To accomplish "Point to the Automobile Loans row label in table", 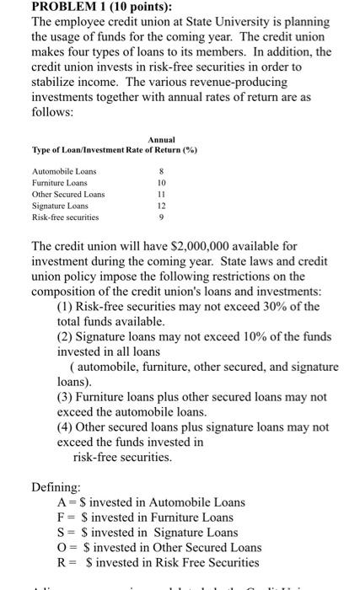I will point(63,171).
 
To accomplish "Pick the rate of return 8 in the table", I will point(161,171).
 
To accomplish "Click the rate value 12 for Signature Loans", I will point(161,206).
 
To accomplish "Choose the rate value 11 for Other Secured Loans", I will point(161,194).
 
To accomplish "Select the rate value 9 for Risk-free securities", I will point(161,217).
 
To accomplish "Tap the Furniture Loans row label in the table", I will point(59,182).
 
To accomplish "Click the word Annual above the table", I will point(161,140).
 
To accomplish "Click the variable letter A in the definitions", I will point(62,501).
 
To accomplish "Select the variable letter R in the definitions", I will point(62,562).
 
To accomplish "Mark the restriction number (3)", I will point(67,396).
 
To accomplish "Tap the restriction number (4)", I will point(67,426).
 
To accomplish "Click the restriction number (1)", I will point(67,306).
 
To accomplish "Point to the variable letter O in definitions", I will point(62,547).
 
